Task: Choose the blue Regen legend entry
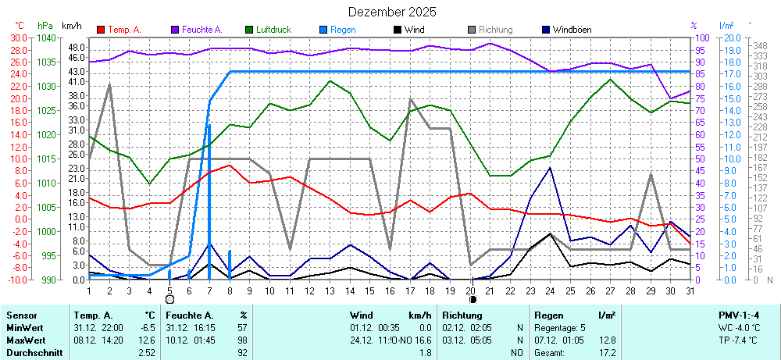click(342, 30)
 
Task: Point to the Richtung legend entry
click(495, 30)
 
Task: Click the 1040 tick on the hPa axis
click(46, 37)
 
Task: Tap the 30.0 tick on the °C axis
click(18, 37)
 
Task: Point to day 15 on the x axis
click(370, 290)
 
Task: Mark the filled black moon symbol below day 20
click(472, 299)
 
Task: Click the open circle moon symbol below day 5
click(169, 299)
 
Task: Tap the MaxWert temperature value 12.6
click(147, 341)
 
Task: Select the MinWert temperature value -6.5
click(147, 328)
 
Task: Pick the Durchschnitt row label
click(32, 354)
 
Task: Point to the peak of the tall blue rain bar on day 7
click(209, 125)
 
